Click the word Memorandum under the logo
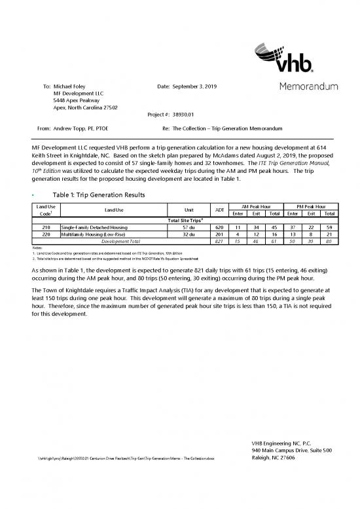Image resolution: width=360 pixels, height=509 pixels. coord(308,86)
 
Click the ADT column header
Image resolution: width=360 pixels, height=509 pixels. coord(220,210)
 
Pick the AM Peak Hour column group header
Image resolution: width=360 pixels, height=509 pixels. coord(258,206)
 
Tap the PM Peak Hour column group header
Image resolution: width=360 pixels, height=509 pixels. coord(312,206)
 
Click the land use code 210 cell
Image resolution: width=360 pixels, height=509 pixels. coord(46,227)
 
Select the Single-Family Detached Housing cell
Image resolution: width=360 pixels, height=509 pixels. coord(94,227)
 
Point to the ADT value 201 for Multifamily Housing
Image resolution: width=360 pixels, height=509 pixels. coord(220,234)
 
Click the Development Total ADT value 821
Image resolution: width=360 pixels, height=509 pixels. coord(220,241)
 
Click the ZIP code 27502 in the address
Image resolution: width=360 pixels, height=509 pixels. coord(108,107)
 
